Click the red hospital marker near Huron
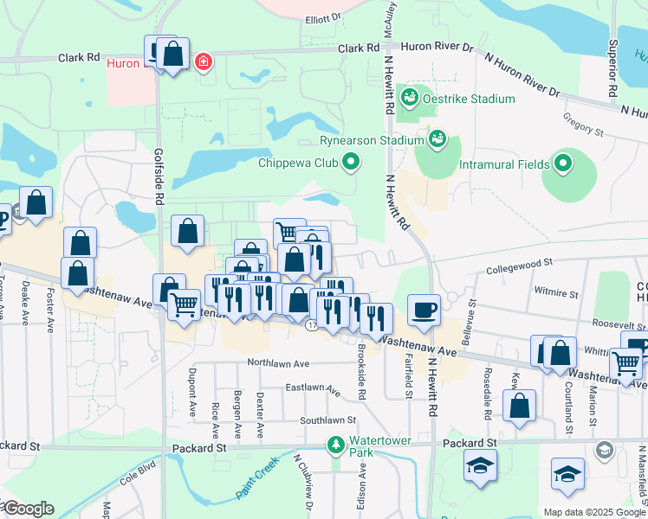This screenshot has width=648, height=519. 204,63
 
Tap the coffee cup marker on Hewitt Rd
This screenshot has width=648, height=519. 424,310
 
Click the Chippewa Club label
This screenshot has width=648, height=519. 297,162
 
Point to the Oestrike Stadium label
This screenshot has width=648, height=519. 470,99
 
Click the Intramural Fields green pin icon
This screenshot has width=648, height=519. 563,162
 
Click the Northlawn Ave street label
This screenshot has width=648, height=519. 277,363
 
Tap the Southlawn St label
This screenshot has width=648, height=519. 322,420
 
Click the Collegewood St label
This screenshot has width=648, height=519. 519,262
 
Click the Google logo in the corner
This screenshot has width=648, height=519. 28,509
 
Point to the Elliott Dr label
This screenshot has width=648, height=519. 323,17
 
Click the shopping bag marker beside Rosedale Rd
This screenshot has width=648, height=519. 519,406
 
